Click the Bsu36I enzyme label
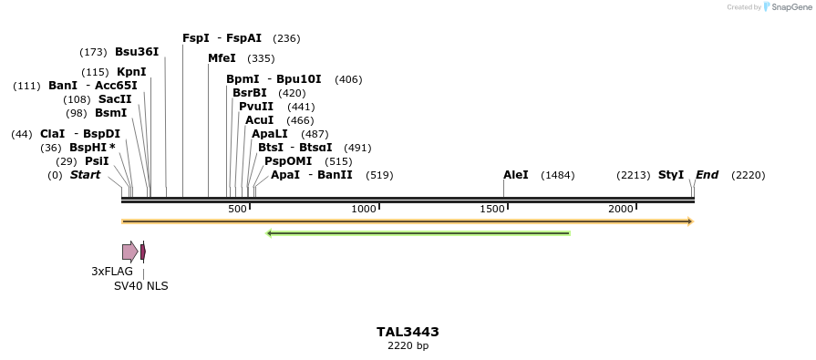click(x=137, y=52)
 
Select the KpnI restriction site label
click(x=131, y=72)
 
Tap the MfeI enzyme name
click(x=222, y=58)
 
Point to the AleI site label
click(x=515, y=175)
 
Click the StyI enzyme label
click(x=671, y=175)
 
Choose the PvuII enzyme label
click(x=256, y=107)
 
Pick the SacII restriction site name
click(x=115, y=99)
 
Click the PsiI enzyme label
click(x=97, y=161)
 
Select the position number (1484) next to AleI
click(x=558, y=175)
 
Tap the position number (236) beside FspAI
click(x=286, y=38)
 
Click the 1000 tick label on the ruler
click(x=364, y=210)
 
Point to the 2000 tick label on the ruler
click(x=621, y=210)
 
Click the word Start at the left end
click(x=85, y=175)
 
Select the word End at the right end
click(x=708, y=175)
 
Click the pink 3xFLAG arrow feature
click(x=129, y=252)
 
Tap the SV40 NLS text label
click(x=140, y=286)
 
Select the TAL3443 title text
click(x=408, y=332)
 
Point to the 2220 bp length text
click(x=408, y=346)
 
